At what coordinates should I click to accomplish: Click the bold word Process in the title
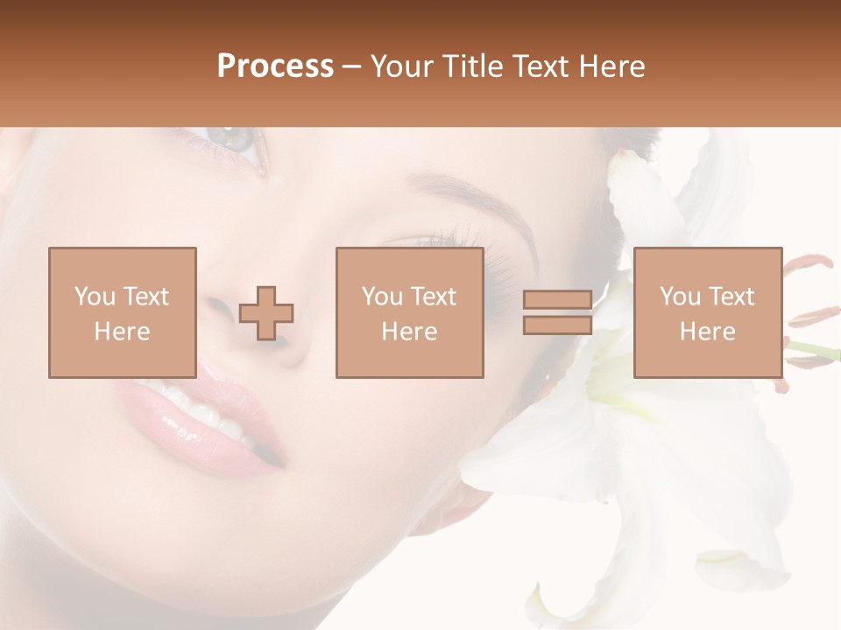(x=275, y=66)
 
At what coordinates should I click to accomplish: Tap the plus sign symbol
(x=266, y=313)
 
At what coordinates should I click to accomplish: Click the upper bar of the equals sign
(x=557, y=300)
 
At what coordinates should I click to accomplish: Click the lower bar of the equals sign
(x=557, y=325)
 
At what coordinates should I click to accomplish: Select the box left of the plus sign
(x=122, y=312)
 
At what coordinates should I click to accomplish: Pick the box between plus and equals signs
(x=409, y=312)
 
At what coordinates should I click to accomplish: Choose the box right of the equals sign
(x=707, y=312)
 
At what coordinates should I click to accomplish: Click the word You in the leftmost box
(x=93, y=297)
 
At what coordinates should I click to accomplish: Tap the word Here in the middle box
(x=409, y=332)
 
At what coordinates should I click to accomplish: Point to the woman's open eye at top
(x=230, y=140)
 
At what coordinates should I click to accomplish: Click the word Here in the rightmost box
(x=707, y=332)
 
